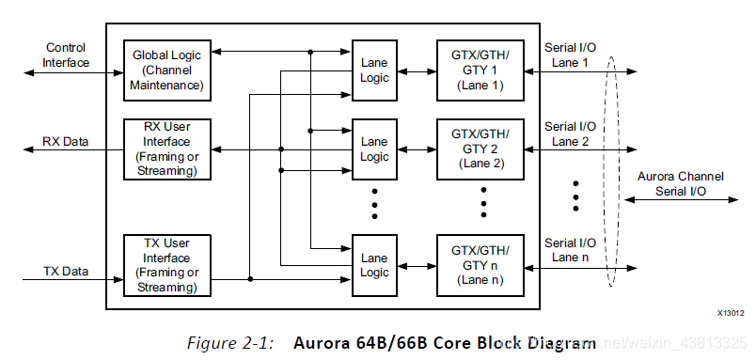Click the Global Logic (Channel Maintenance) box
tap(167, 70)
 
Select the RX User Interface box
tap(167, 149)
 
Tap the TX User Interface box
tap(167, 265)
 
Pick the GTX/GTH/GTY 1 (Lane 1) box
tap(480, 70)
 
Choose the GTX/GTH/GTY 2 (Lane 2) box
tap(480, 149)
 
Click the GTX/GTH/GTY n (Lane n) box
tap(480, 265)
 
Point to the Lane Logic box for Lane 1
tap(374, 70)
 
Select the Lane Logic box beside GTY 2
tap(374, 149)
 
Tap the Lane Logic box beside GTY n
tap(374, 265)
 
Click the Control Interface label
tap(66, 55)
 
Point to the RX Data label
tap(66, 141)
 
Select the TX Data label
tap(66, 272)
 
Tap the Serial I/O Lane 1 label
tap(571, 55)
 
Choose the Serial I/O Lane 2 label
tap(571, 134)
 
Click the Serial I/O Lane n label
tap(571, 250)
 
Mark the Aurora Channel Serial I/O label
tap(681, 183)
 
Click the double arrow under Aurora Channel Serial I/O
tap(681, 199)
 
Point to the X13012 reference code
tap(731, 313)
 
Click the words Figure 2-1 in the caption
tap(230, 344)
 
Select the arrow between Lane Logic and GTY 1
tap(417, 71)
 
